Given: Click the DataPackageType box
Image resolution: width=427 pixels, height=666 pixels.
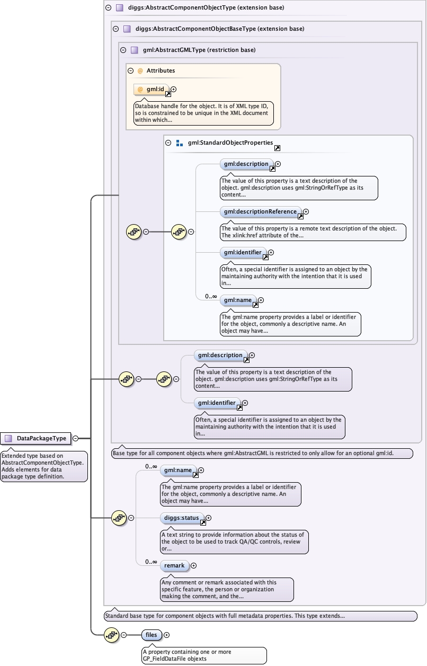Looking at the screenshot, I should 36,438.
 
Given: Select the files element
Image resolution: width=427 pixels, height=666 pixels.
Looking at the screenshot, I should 151,634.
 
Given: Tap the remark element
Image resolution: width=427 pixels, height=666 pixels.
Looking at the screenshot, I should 174,566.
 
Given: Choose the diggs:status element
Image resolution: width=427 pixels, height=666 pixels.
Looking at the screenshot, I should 181,517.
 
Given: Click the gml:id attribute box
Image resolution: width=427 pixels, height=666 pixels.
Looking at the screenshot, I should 152,90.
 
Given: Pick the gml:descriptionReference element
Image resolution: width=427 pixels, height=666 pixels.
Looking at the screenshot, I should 260,212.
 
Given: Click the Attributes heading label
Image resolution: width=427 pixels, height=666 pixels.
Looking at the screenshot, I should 161,70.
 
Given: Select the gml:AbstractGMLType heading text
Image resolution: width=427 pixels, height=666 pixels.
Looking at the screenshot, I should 199,50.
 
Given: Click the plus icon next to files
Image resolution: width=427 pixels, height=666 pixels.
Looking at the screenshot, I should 167,635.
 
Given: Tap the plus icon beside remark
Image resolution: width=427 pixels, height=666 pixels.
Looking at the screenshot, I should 193,566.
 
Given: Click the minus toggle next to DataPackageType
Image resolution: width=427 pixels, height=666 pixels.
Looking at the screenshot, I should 76,438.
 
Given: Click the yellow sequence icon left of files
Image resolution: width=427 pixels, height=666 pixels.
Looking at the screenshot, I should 112,635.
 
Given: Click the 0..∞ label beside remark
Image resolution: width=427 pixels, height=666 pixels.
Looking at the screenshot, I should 151,562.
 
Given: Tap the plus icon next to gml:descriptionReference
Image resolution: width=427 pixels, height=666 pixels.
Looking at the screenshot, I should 306,212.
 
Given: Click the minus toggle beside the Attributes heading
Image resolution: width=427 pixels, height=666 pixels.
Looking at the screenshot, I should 130,70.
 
